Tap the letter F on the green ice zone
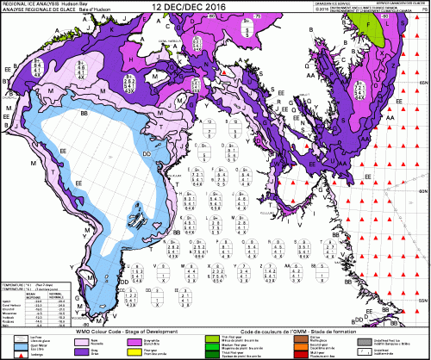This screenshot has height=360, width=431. (x=372, y=26)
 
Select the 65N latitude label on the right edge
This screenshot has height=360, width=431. (x=422, y=80)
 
